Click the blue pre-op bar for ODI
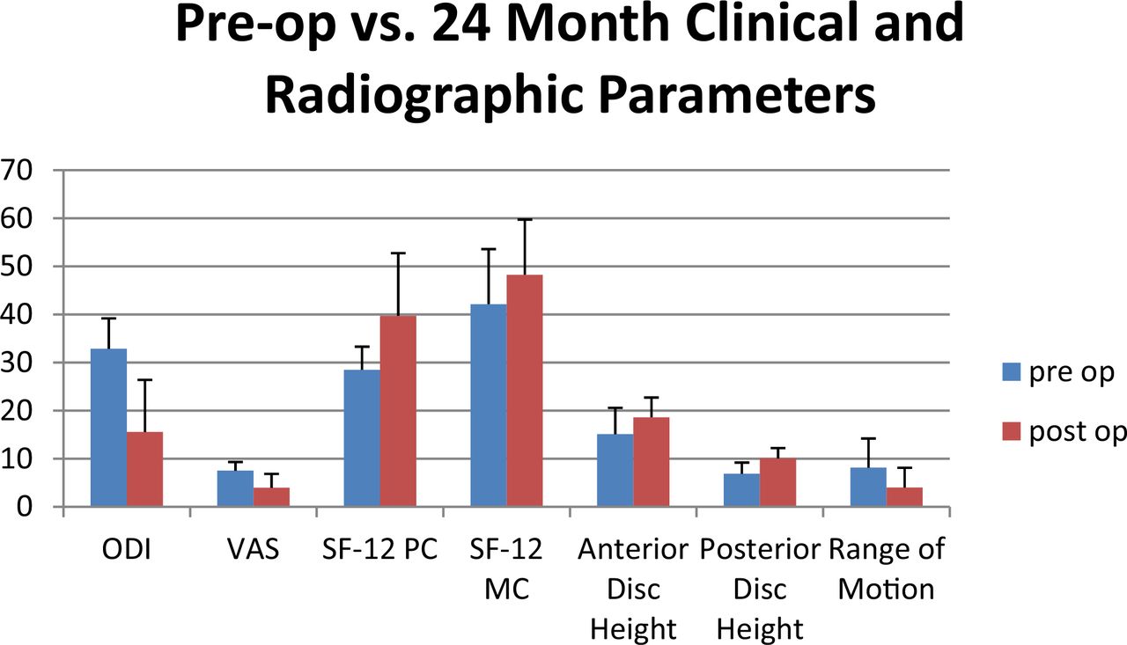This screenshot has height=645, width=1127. pos(108,427)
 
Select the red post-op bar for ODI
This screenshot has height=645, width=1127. pos(145,468)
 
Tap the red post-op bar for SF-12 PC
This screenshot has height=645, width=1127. pos(398,410)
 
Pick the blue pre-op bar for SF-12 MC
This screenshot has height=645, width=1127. pos(489,405)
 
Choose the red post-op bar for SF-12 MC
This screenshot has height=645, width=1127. pos(525,390)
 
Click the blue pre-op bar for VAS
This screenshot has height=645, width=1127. pos(235,488)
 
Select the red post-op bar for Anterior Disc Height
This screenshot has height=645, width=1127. pos(652,461)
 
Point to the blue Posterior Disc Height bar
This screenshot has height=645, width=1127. pos(741,489)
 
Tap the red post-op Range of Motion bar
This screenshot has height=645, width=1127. pos(904,496)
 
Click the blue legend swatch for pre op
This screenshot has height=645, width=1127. pos(1012,372)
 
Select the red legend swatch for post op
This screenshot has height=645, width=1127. pos(1012,431)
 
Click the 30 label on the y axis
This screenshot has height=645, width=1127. pos(17,363)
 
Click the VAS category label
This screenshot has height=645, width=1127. pos(253,549)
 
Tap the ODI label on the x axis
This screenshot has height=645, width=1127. pos(126,549)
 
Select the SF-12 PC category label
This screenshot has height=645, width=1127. pos(379,549)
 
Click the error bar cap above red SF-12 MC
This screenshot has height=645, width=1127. pos(525,220)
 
